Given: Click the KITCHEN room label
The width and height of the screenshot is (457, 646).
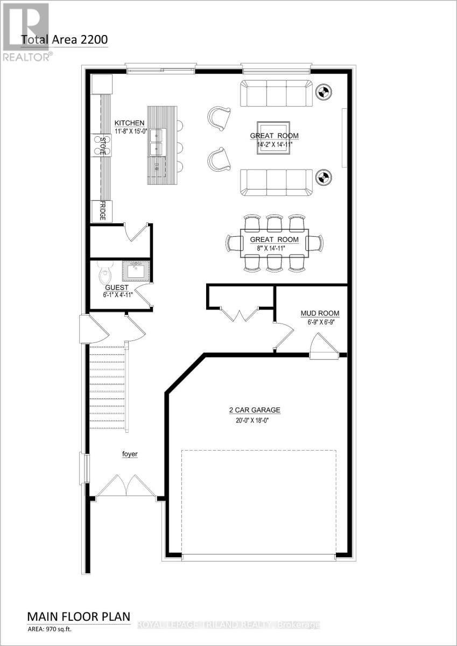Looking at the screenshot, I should (129, 123).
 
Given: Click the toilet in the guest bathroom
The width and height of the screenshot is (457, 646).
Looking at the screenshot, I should (104, 275).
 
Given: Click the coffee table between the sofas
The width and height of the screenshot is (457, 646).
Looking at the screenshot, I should (272, 137).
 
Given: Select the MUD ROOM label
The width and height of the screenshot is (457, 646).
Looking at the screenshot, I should (320, 313).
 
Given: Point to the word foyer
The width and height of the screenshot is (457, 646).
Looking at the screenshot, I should (129, 454).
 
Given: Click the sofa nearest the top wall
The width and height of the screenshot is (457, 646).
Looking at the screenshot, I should (276, 93).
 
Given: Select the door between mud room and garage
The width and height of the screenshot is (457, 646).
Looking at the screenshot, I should (323, 347).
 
